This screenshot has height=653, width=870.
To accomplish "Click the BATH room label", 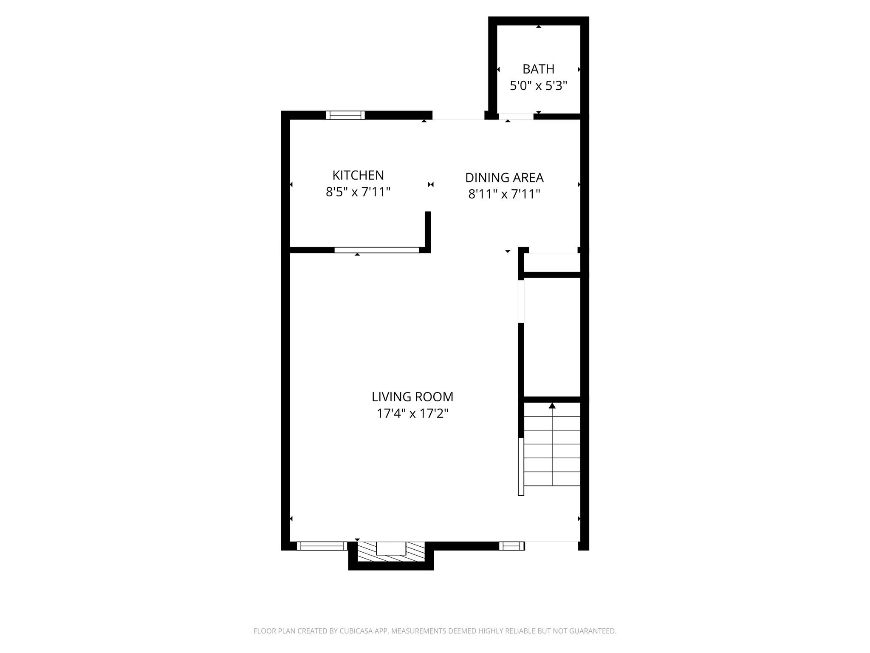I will coord(538,69).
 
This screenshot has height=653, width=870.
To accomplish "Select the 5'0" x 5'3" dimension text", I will coord(538,86).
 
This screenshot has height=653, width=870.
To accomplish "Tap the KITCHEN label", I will coord(358,175).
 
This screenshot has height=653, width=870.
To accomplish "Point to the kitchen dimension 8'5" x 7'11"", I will coord(358,192).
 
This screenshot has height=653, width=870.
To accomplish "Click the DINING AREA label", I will coord(504,177).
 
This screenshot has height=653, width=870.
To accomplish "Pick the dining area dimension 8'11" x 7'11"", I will coord(504,194).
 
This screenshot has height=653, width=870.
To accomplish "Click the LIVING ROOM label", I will coord(412,397).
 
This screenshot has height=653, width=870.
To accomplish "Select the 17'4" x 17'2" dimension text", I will coord(412,413).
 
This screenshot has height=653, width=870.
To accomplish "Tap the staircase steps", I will coord(552,451).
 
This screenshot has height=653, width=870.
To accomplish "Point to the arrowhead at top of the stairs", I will coord(552,406).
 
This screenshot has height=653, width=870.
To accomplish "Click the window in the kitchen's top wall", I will coord(345,115).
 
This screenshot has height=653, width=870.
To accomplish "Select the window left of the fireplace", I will coord(322,546).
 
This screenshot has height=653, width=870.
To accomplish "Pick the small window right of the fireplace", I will coord(511,546).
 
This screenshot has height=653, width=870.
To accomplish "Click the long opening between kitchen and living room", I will coord(376,250).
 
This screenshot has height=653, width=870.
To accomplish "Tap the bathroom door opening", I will coord(516,116).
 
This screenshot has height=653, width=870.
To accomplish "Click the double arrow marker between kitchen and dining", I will coord(431,185).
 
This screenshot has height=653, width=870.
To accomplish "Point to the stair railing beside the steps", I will coord(521,466).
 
